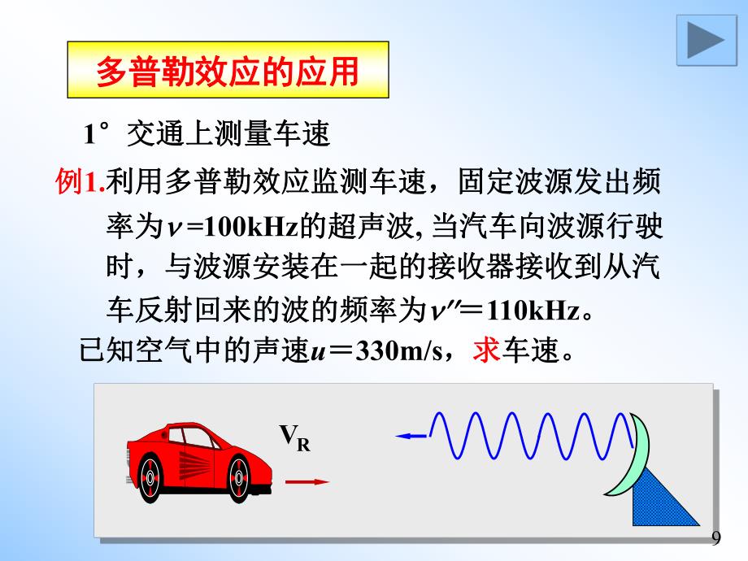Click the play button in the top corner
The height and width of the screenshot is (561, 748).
click(x=701, y=40)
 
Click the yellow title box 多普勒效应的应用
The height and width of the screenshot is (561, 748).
click(x=228, y=72)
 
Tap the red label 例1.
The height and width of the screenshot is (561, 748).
click(x=80, y=182)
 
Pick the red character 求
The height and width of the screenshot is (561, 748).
click(x=485, y=353)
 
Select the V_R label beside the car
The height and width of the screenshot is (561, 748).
click(x=295, y=439)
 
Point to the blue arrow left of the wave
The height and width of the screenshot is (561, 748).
click(x=411, y=437)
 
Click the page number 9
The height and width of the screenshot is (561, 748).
click(x=715, y=538)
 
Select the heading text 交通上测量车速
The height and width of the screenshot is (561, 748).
click(x=228, y=135)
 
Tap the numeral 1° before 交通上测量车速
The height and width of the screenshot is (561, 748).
click(x=98, y=135)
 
